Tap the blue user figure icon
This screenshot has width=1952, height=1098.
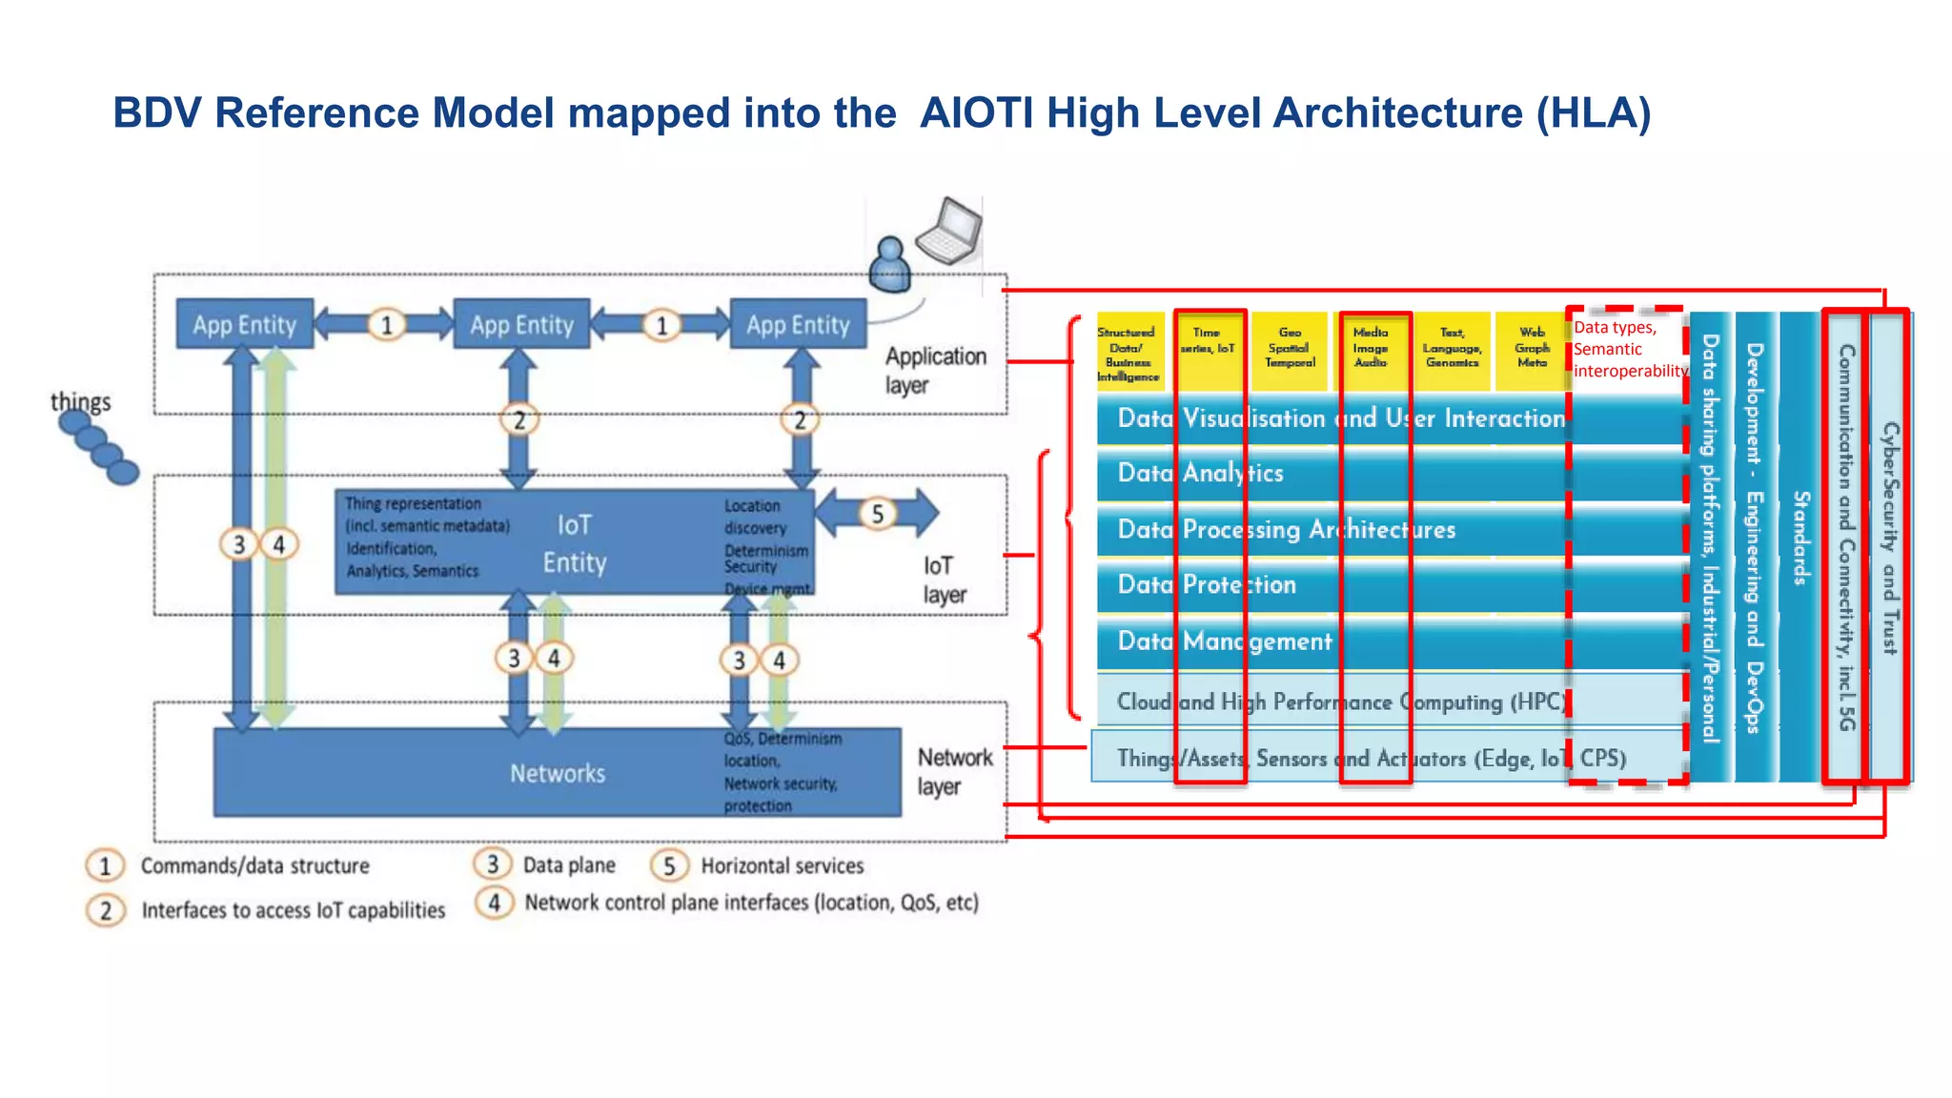coord(890,265)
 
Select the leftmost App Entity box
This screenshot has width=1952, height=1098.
coord(245,324)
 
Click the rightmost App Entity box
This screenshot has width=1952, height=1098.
coord(798,324)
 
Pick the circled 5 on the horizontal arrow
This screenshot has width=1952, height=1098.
coord(877,514)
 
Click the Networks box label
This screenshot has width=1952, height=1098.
coord(558,773)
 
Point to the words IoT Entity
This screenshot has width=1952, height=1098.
coord(575,543)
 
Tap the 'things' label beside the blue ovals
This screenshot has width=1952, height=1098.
coord(81,401)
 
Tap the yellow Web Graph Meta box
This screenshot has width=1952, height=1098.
coord(1532,348)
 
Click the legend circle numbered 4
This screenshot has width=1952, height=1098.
coord(494,902)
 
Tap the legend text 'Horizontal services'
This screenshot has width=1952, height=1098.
coord(782,865)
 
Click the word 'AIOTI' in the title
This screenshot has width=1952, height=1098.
coord(977,112)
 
